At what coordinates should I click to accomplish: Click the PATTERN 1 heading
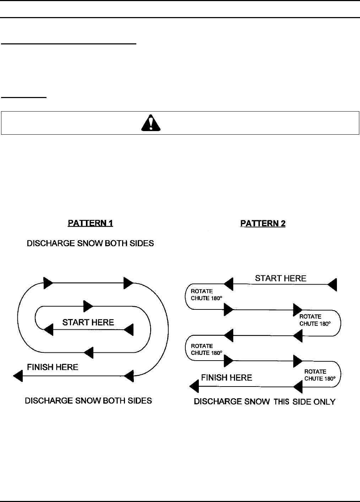click(91, 223)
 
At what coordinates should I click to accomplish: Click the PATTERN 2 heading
click(263, 223)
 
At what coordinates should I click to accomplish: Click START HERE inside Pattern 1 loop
click(88, 323)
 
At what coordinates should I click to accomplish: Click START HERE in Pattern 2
click(280, 278)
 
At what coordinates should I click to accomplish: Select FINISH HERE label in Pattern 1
click(53, 367)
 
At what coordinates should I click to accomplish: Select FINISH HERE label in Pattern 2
click(227, 378)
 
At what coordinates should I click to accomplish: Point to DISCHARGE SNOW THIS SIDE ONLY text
click(264, 402)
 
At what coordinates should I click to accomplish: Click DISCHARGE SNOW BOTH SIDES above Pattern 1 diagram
click(91, 244)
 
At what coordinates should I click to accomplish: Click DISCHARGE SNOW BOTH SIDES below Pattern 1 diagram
click(88, 401)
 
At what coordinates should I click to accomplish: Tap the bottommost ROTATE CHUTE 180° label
click(320, 375)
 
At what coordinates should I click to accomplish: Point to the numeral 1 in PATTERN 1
click(111, 223)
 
